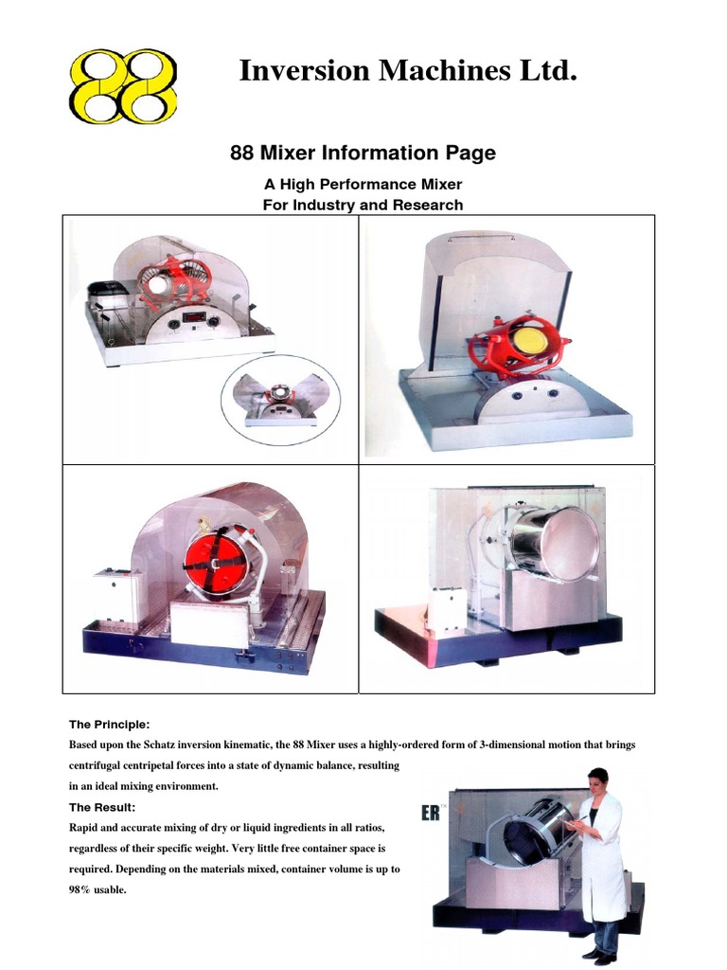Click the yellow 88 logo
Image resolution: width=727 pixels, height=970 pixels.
click(x=123, y=86)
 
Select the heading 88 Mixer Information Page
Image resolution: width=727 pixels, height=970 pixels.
click(x=363, y=153)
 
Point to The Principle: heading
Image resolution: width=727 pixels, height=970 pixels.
click(x=109, y=725)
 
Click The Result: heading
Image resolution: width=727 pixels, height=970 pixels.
click(x=102, y=807)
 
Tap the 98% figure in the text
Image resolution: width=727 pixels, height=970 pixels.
click(x=83, y=890)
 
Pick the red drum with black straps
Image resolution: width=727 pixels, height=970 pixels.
click(x=215, y=561)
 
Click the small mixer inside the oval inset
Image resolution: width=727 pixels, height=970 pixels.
click(x=280, y=401)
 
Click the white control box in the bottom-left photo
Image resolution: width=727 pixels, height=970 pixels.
click(x=118, y=594)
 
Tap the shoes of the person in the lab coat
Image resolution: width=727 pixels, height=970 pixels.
click(x=598, y=957)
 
